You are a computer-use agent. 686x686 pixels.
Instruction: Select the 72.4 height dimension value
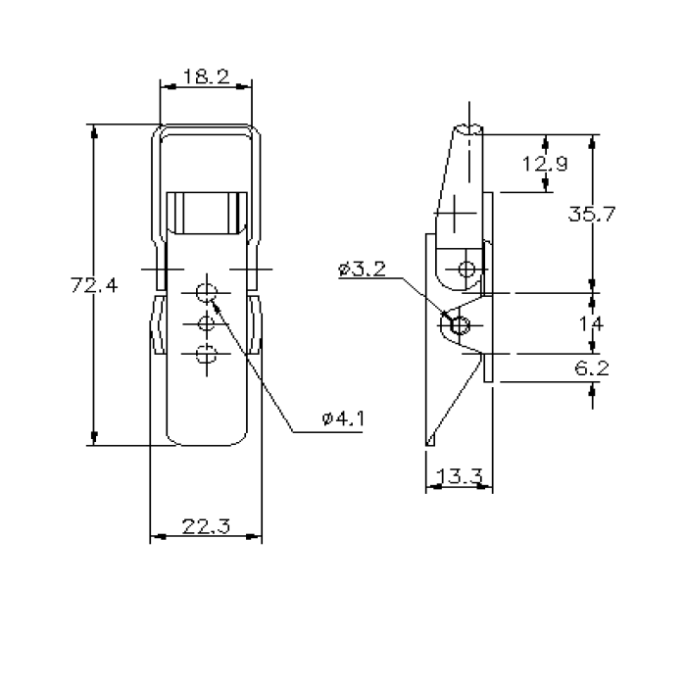pyautogui.click(x=94, y=286)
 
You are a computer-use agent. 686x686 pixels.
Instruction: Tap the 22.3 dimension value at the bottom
pyautogui.click(x=206, y=527)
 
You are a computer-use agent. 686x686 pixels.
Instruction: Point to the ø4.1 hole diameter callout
pyautogui.click(x=342, y=419)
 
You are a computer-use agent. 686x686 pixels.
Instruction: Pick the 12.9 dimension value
pyautogui.click(x=544, y=164)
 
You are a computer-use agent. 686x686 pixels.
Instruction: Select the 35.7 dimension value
pyautogui.click(x=591, y=215)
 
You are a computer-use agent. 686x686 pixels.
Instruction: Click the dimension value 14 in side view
pyautogui.click(x=592, y=322)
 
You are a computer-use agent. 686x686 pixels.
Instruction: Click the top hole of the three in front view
pyautogui.click(x=206, y=291)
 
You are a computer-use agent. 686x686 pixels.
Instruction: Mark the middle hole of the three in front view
pyautogui.click(x=206, y=323)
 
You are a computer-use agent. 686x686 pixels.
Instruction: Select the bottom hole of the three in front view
pyautogui.click(x=206, y=355)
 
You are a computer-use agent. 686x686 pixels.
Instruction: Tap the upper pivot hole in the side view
pyautogui.click(x=467, y=269)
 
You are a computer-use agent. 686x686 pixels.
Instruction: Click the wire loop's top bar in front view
pyautogui.click(x=206, y=125)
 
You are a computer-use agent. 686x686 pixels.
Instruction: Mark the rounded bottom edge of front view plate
pyautogui.click(x=206, y=444)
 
